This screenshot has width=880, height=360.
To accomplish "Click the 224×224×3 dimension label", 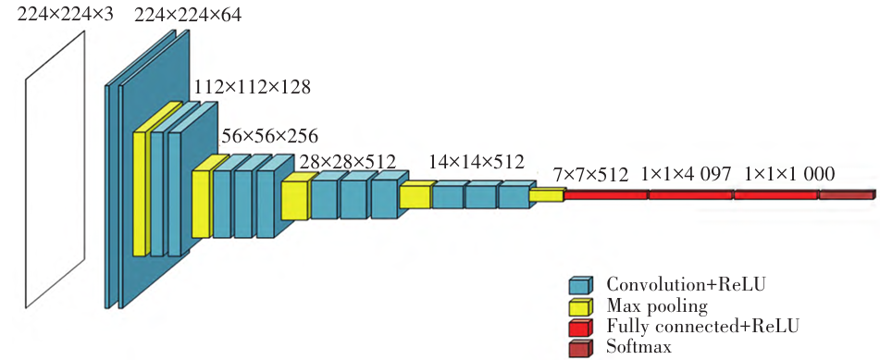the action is (x=66, y=15).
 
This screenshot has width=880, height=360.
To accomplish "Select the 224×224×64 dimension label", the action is (x=188, y=15).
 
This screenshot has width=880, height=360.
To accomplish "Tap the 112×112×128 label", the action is (x=252, y=88).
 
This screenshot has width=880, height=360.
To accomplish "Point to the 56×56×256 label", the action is (x=270, y=136).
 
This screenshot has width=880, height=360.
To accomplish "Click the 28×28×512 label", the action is (x=347, y=162).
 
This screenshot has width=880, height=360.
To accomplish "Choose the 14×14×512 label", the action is (x=477, y=162).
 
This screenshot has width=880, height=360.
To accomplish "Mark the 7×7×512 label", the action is (x=590, y=175).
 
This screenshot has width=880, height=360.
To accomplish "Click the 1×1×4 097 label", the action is (x=687, y=175).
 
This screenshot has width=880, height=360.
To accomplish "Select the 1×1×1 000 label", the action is (x=789, y=175).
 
